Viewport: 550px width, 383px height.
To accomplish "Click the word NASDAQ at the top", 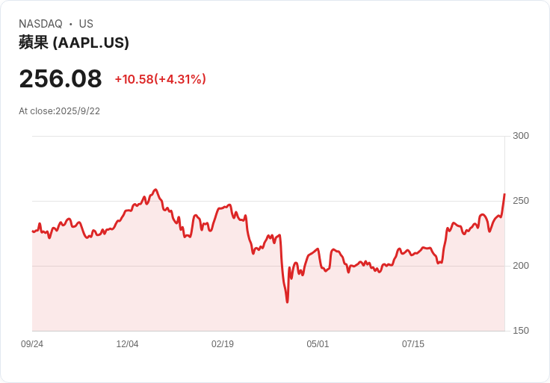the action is coord(40,24).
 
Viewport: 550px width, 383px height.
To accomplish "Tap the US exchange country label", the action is coord(86,24).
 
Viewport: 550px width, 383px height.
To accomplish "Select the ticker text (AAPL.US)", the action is coord(91,43).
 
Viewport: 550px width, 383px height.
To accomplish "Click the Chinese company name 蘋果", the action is coord(34,43).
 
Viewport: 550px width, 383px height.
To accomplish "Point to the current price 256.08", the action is coord(61,78).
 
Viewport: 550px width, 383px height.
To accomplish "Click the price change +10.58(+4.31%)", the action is coord(161,79).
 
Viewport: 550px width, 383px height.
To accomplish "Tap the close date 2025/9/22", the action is coord(78,111).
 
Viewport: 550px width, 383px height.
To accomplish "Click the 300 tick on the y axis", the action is coord(521,136).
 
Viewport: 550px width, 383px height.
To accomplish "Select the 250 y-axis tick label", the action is coord(521,201).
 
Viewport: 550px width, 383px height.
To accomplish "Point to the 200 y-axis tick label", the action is coord(521,266).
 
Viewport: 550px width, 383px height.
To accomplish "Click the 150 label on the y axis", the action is coord(521,331).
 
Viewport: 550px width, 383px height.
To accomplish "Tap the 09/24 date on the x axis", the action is coord(32,344).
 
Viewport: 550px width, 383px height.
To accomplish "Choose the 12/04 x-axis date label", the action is coord(127,344).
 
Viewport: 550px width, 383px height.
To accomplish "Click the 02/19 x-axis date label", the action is coord(223,344).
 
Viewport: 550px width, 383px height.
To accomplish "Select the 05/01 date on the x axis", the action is coord(318,344).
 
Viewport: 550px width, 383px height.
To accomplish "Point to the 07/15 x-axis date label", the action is coord(412,344).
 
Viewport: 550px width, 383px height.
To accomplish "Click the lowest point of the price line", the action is coord(287,302).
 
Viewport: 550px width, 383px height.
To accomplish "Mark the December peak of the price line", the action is coord(155,190).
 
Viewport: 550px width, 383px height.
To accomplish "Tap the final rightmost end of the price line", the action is coord(504,194).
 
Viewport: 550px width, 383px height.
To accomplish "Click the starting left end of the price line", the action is coord(33,231).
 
